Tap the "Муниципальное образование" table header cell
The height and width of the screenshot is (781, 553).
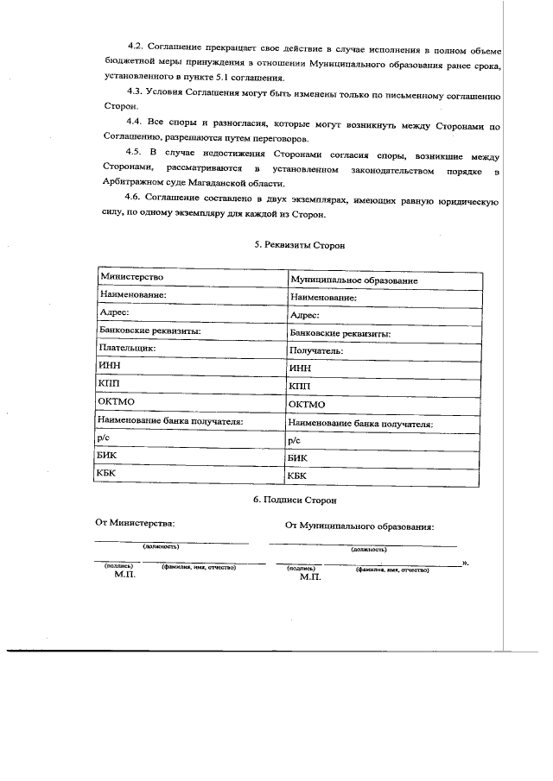point(354,280)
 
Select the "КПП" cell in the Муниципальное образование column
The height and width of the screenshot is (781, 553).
point(299,387)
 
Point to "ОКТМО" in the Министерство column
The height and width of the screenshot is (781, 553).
point(117,401)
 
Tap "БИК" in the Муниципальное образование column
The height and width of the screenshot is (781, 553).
point(299,457)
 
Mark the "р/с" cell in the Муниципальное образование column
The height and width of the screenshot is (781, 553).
point(294,440)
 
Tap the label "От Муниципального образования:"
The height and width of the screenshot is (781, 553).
point(359,526)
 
